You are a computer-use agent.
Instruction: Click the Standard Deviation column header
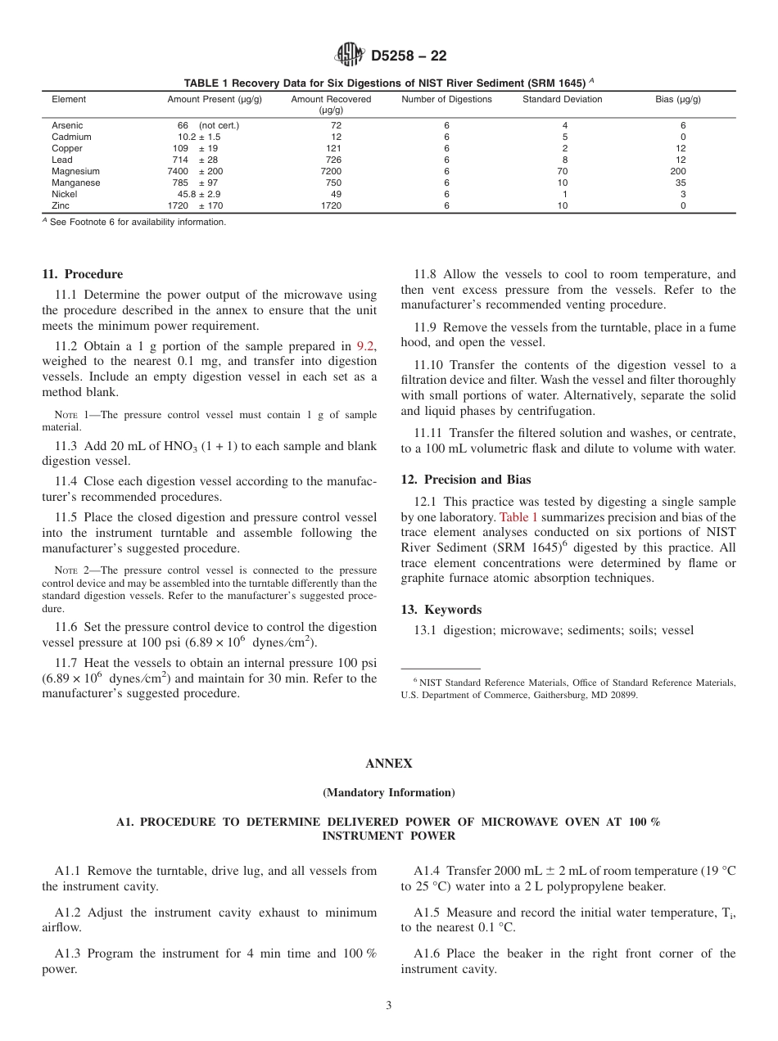tap(562, 99)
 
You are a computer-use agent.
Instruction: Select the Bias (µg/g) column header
tap(677, 99)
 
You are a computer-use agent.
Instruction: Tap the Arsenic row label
tap(67, 125)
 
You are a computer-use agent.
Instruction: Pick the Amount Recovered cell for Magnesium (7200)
tap(331, 172)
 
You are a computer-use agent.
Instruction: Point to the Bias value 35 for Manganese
tap(680, 183)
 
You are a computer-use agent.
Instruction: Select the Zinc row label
tap(62, 206)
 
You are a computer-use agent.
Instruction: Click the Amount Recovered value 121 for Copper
tap(333, 149)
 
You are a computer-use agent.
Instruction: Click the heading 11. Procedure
tap(82, 274)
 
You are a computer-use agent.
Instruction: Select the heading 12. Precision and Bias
tap(465, 480)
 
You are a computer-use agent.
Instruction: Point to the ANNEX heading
tap(388, 763)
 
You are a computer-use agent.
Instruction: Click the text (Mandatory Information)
tap(388, 792)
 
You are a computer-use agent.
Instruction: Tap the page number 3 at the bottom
tap(389, 1006)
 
